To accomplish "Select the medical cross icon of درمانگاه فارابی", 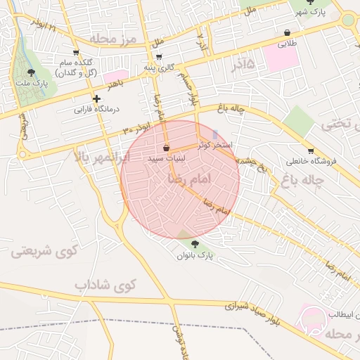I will coord(96,98).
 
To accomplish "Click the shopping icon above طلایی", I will coord(288,32).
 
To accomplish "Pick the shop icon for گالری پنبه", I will coord(159,58).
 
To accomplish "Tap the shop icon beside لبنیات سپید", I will coord(166,148).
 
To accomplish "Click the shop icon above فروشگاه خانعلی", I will coord(310,150).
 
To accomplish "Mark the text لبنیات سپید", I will coord(167,159).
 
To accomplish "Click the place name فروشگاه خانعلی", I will coord(311,162).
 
